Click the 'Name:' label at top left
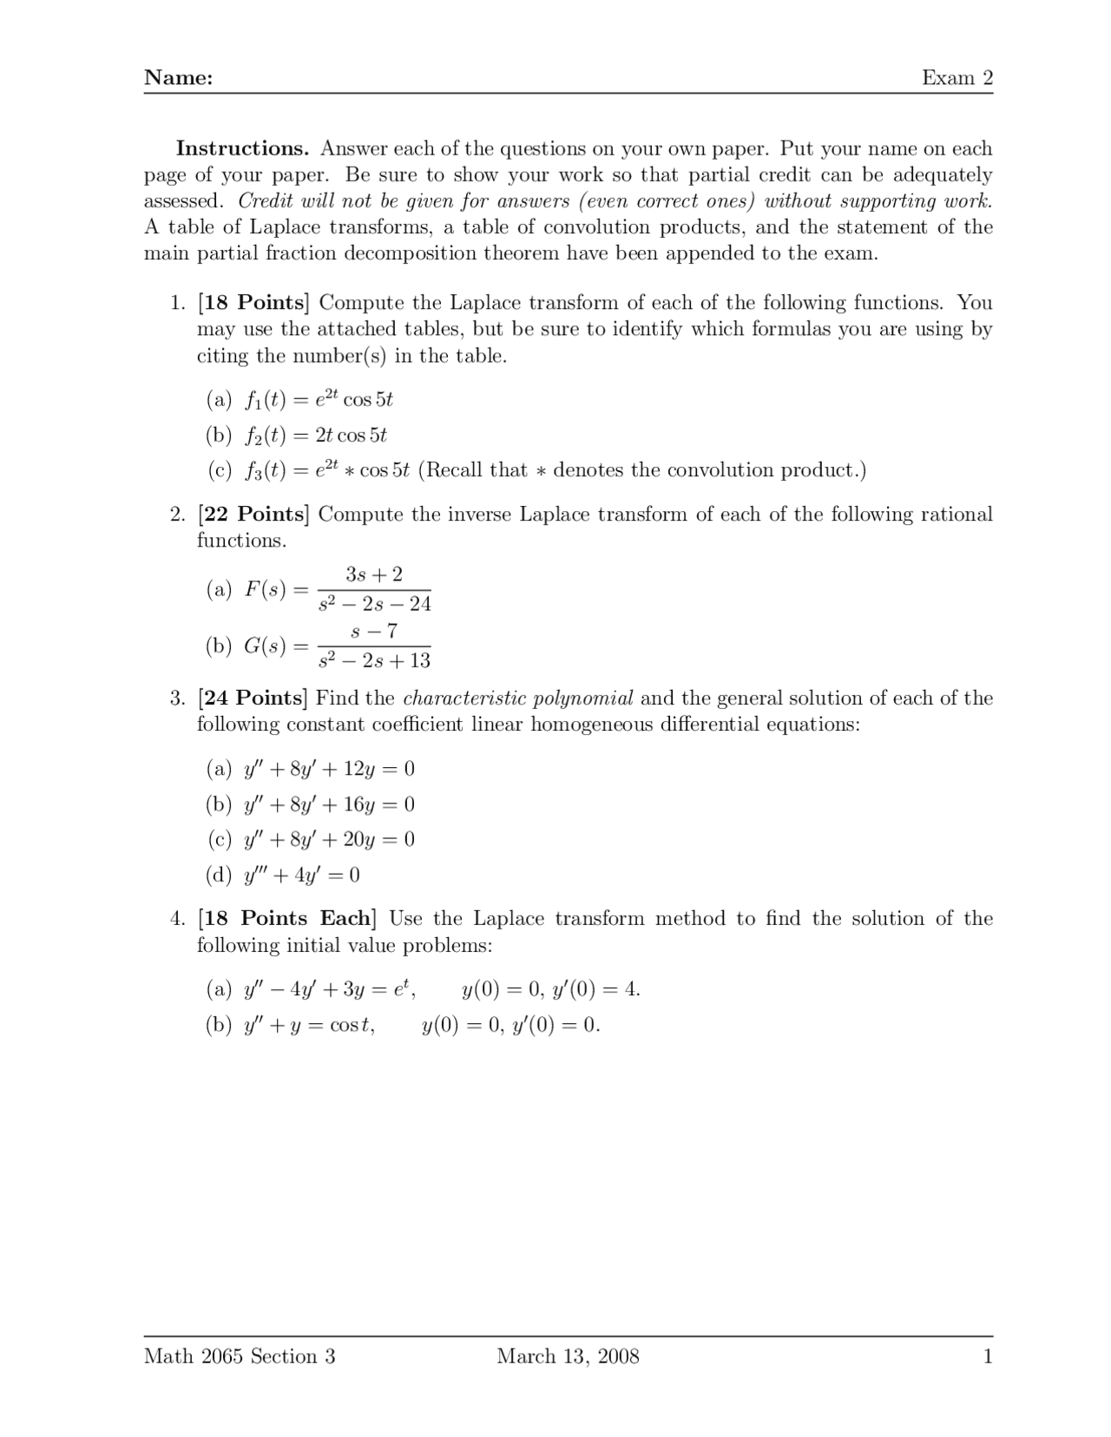point(178,78)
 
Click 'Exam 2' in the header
point(957,78)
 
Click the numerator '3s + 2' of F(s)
point(374,574)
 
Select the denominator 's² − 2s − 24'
point(374,604)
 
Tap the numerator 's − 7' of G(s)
point(374,631)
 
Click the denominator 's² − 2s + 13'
point(374,661)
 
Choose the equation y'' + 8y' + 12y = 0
point(329,769)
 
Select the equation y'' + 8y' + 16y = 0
point(329,804)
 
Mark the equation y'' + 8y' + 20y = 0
point(329,839)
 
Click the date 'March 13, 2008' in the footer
point(568,1356)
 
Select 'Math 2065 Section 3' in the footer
point(240,1356)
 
